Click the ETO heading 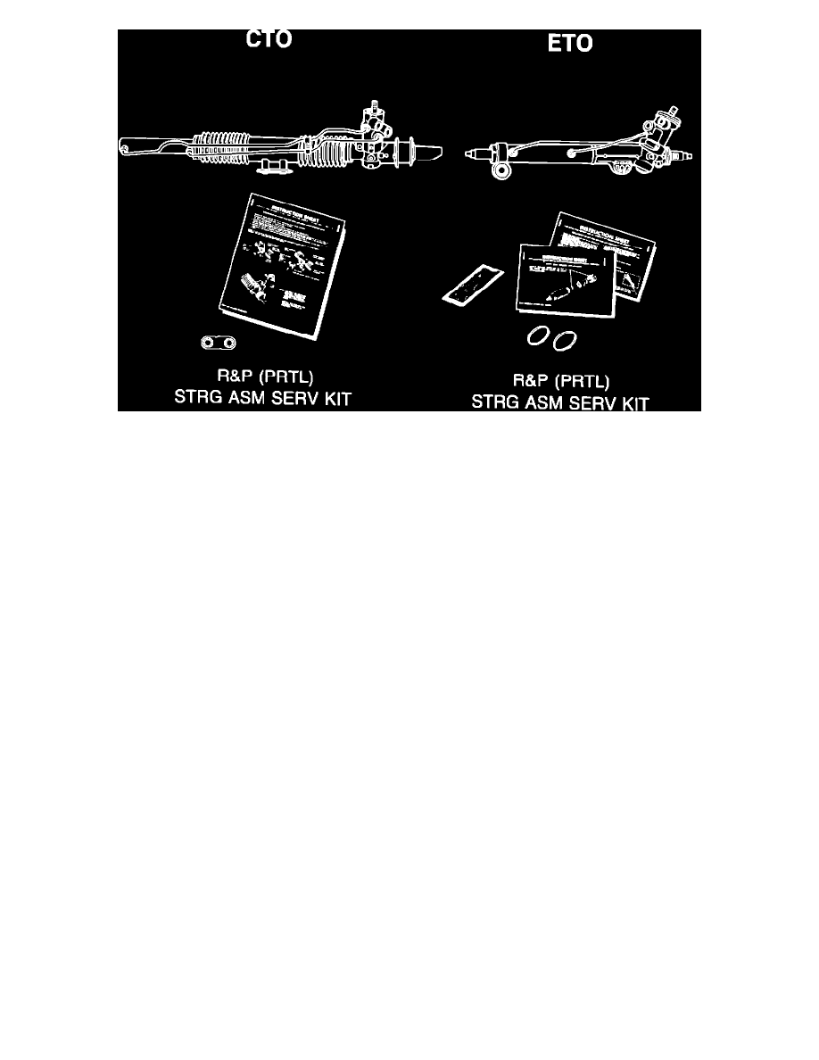click(568, 45)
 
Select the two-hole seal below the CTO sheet click(220, 343)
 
